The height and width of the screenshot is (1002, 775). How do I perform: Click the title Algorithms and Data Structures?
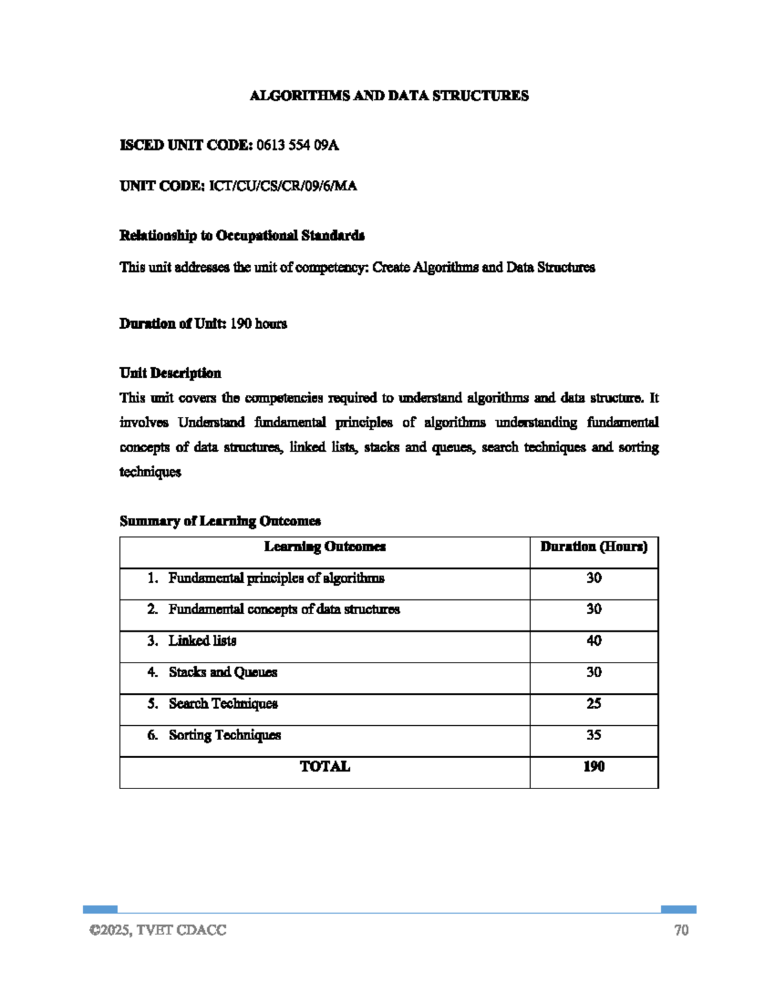click(x=389, y=96)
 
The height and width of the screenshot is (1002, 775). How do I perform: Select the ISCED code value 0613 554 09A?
click(x=297, y=145)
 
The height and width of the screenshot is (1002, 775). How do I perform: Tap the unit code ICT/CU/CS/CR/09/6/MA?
click(x=283, y=186)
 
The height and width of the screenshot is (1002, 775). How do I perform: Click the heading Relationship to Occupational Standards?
click(x=242, y=235)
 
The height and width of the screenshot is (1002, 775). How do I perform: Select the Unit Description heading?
click(x=170, y=373)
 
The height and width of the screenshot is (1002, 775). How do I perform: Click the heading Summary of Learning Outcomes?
click(x=220, y=521)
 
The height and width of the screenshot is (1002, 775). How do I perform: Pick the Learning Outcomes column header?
click(x=325, y=547)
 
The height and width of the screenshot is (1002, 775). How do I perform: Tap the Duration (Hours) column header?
click(x=594, y=547)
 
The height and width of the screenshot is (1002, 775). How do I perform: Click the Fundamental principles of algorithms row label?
click(x=276, y=578)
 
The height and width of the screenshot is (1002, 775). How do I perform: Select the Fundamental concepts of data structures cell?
click(x=284, y=610)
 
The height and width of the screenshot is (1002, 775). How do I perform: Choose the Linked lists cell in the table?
click(x=202, y=641)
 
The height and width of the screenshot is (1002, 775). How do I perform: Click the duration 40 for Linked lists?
click(x=594, y=641)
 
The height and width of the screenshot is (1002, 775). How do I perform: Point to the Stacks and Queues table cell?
click(x=223, y=672)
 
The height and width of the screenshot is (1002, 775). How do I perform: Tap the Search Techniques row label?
click(x=223, y=704)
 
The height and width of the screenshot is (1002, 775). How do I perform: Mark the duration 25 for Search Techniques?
click(x=594, y=704)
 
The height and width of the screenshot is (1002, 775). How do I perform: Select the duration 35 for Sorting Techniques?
click(x=594, y=736)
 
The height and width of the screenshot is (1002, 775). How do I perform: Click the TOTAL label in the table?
click(x=325, y=767)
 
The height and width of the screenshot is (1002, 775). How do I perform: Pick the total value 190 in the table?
click(x=594, y=767)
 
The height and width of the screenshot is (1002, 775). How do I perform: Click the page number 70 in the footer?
click(x=681, y=930)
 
